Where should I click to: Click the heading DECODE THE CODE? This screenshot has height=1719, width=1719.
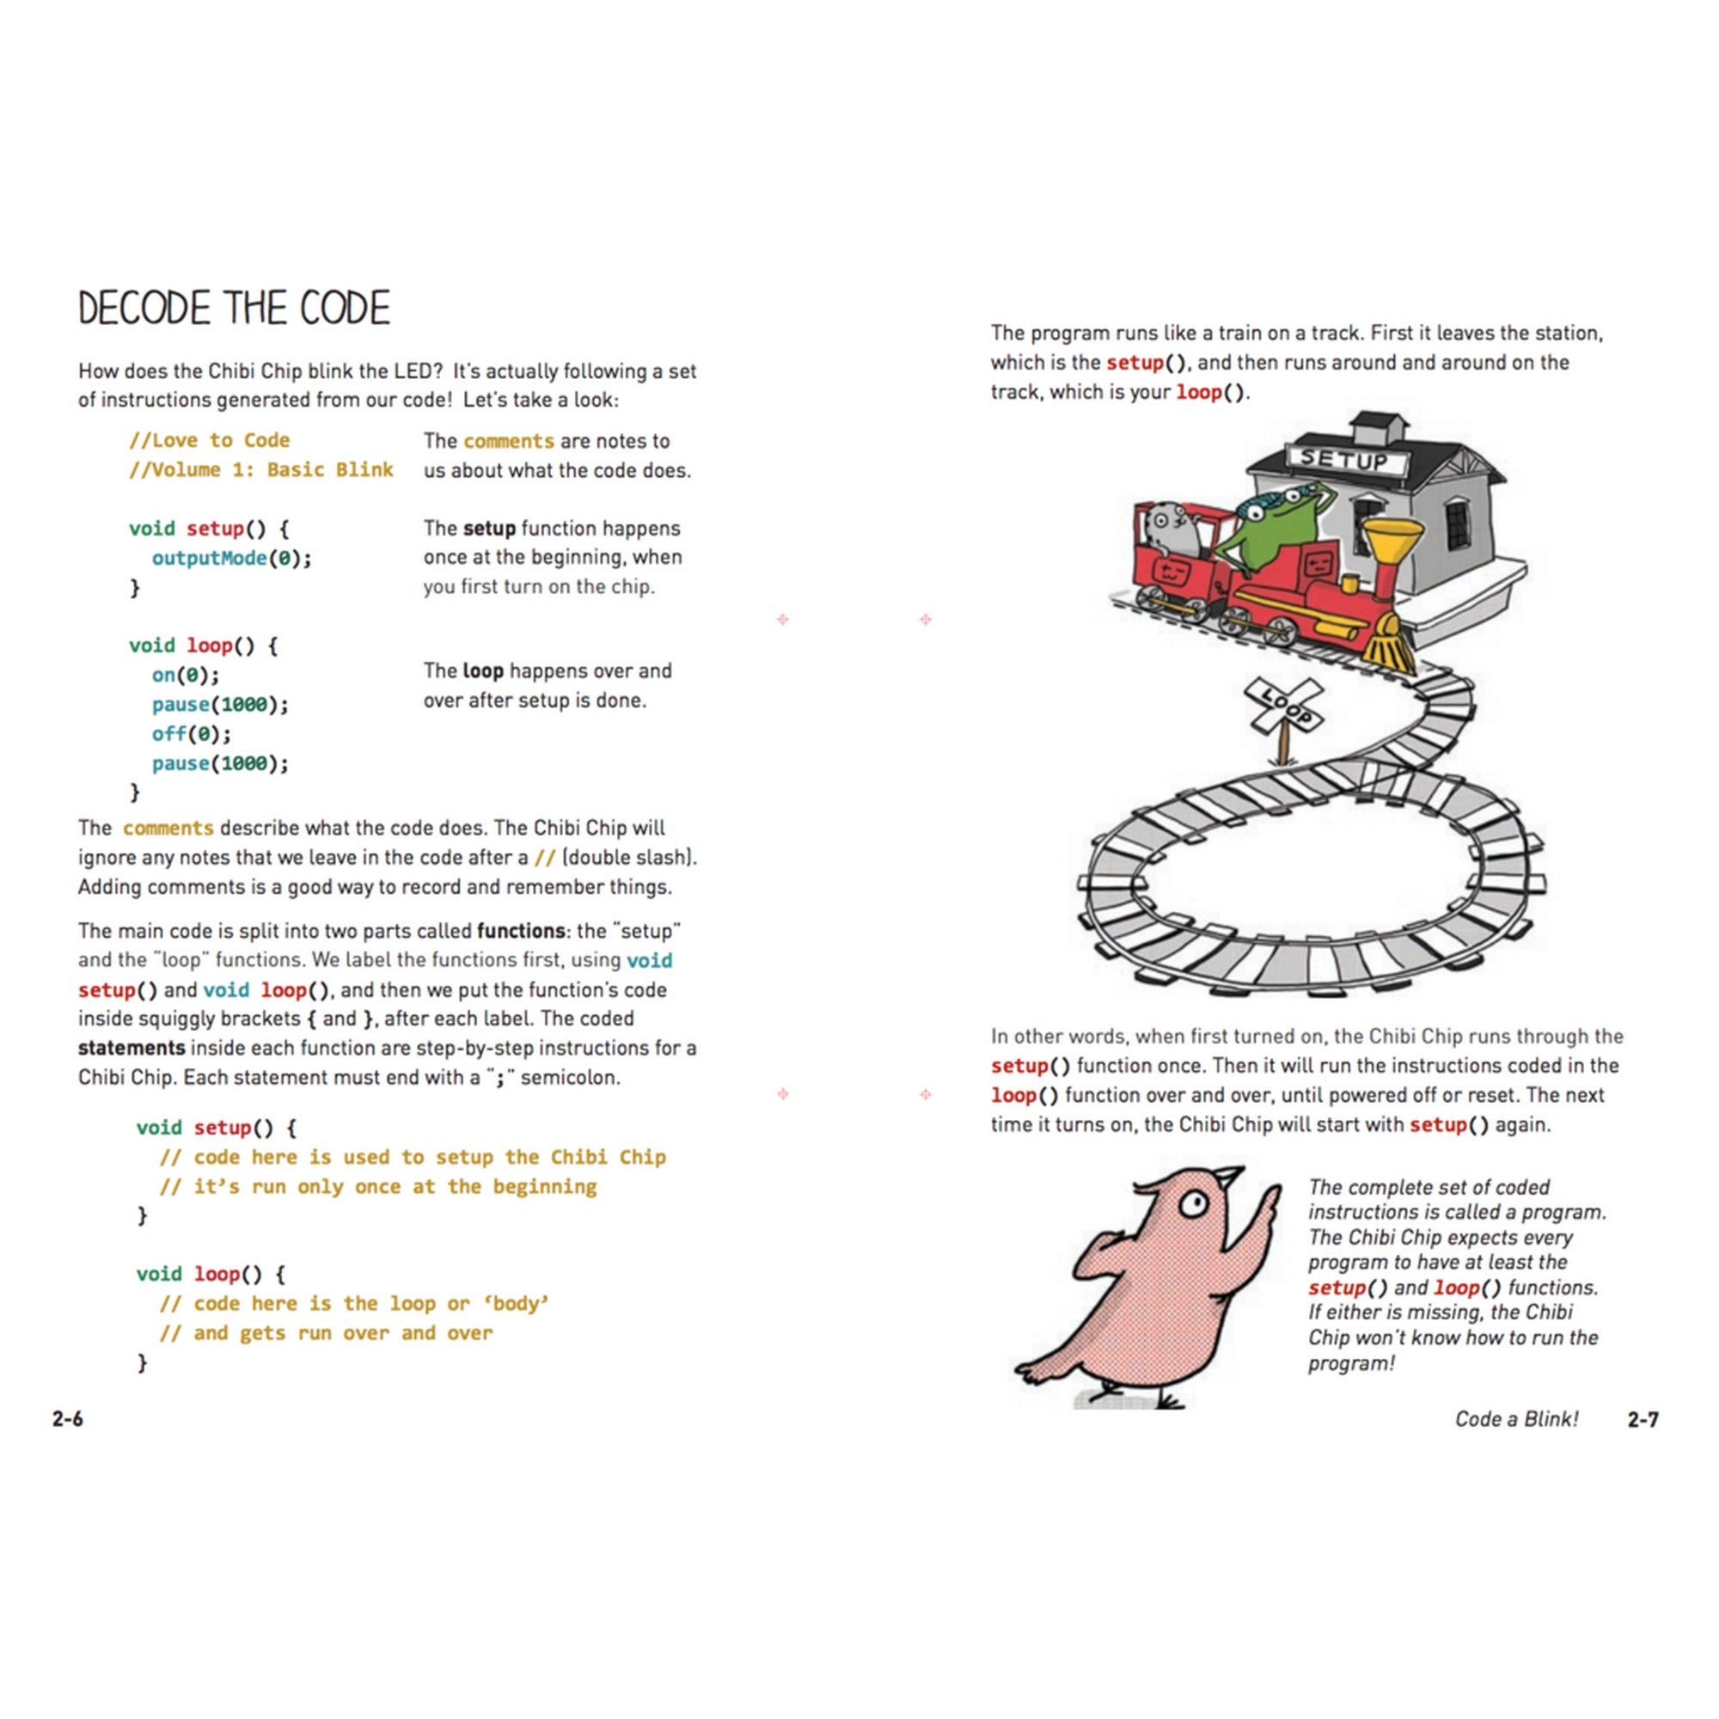pyautogui.click(x=234, y=308)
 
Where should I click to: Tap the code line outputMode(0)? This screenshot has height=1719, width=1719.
pyautogui.click(x=231, y=558)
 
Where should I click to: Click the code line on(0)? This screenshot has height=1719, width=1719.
pyautogui.click(x=185, y=676)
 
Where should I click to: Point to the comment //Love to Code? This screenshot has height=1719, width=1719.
pyautogui.click(x=210, y=440)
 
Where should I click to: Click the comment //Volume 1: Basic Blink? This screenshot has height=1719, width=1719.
pyautogui.click(x=260, y=470)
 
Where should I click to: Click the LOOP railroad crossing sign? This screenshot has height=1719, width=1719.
pyautogui.click(x=1283, y=705)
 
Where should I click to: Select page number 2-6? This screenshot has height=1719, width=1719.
pyautogui.click(x=68, y=1418)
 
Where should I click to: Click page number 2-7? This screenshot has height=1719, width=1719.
pyautogui.click(x=1643, y=1419)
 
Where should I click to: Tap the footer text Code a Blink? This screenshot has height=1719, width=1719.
pyautogui.click(x=1516, y=1419)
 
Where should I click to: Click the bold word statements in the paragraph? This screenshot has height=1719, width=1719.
pyautogui.click(x=131, y=1048)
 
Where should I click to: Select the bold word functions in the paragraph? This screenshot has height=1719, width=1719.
pyautogui.click(x=521, y=931)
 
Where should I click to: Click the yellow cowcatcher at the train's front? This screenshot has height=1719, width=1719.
pyautogui.click(x=1391, y=646)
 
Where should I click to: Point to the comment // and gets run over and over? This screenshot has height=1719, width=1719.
pyautogui.click(x=326, y=1333)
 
